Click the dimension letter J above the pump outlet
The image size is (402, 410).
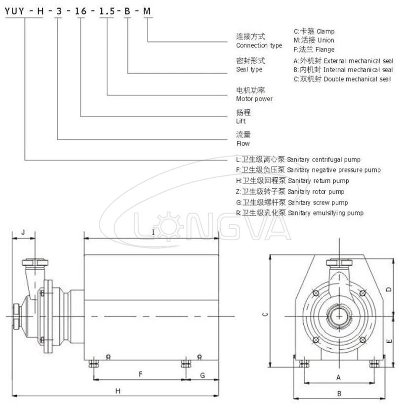coord(23,232)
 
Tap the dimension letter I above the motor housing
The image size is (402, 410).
coord(154,232)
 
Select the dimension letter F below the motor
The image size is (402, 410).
coord(140,374)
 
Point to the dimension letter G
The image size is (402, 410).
coord(202,375)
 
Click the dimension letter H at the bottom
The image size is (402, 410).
coord(118,391)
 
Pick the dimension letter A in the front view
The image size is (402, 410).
coord(338,377)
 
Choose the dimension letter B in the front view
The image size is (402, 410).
coord(339,394)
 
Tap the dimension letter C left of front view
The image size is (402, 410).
coord(265,314)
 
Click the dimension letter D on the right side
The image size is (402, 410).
coord(389,289)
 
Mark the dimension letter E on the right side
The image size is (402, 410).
coord(389,341)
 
